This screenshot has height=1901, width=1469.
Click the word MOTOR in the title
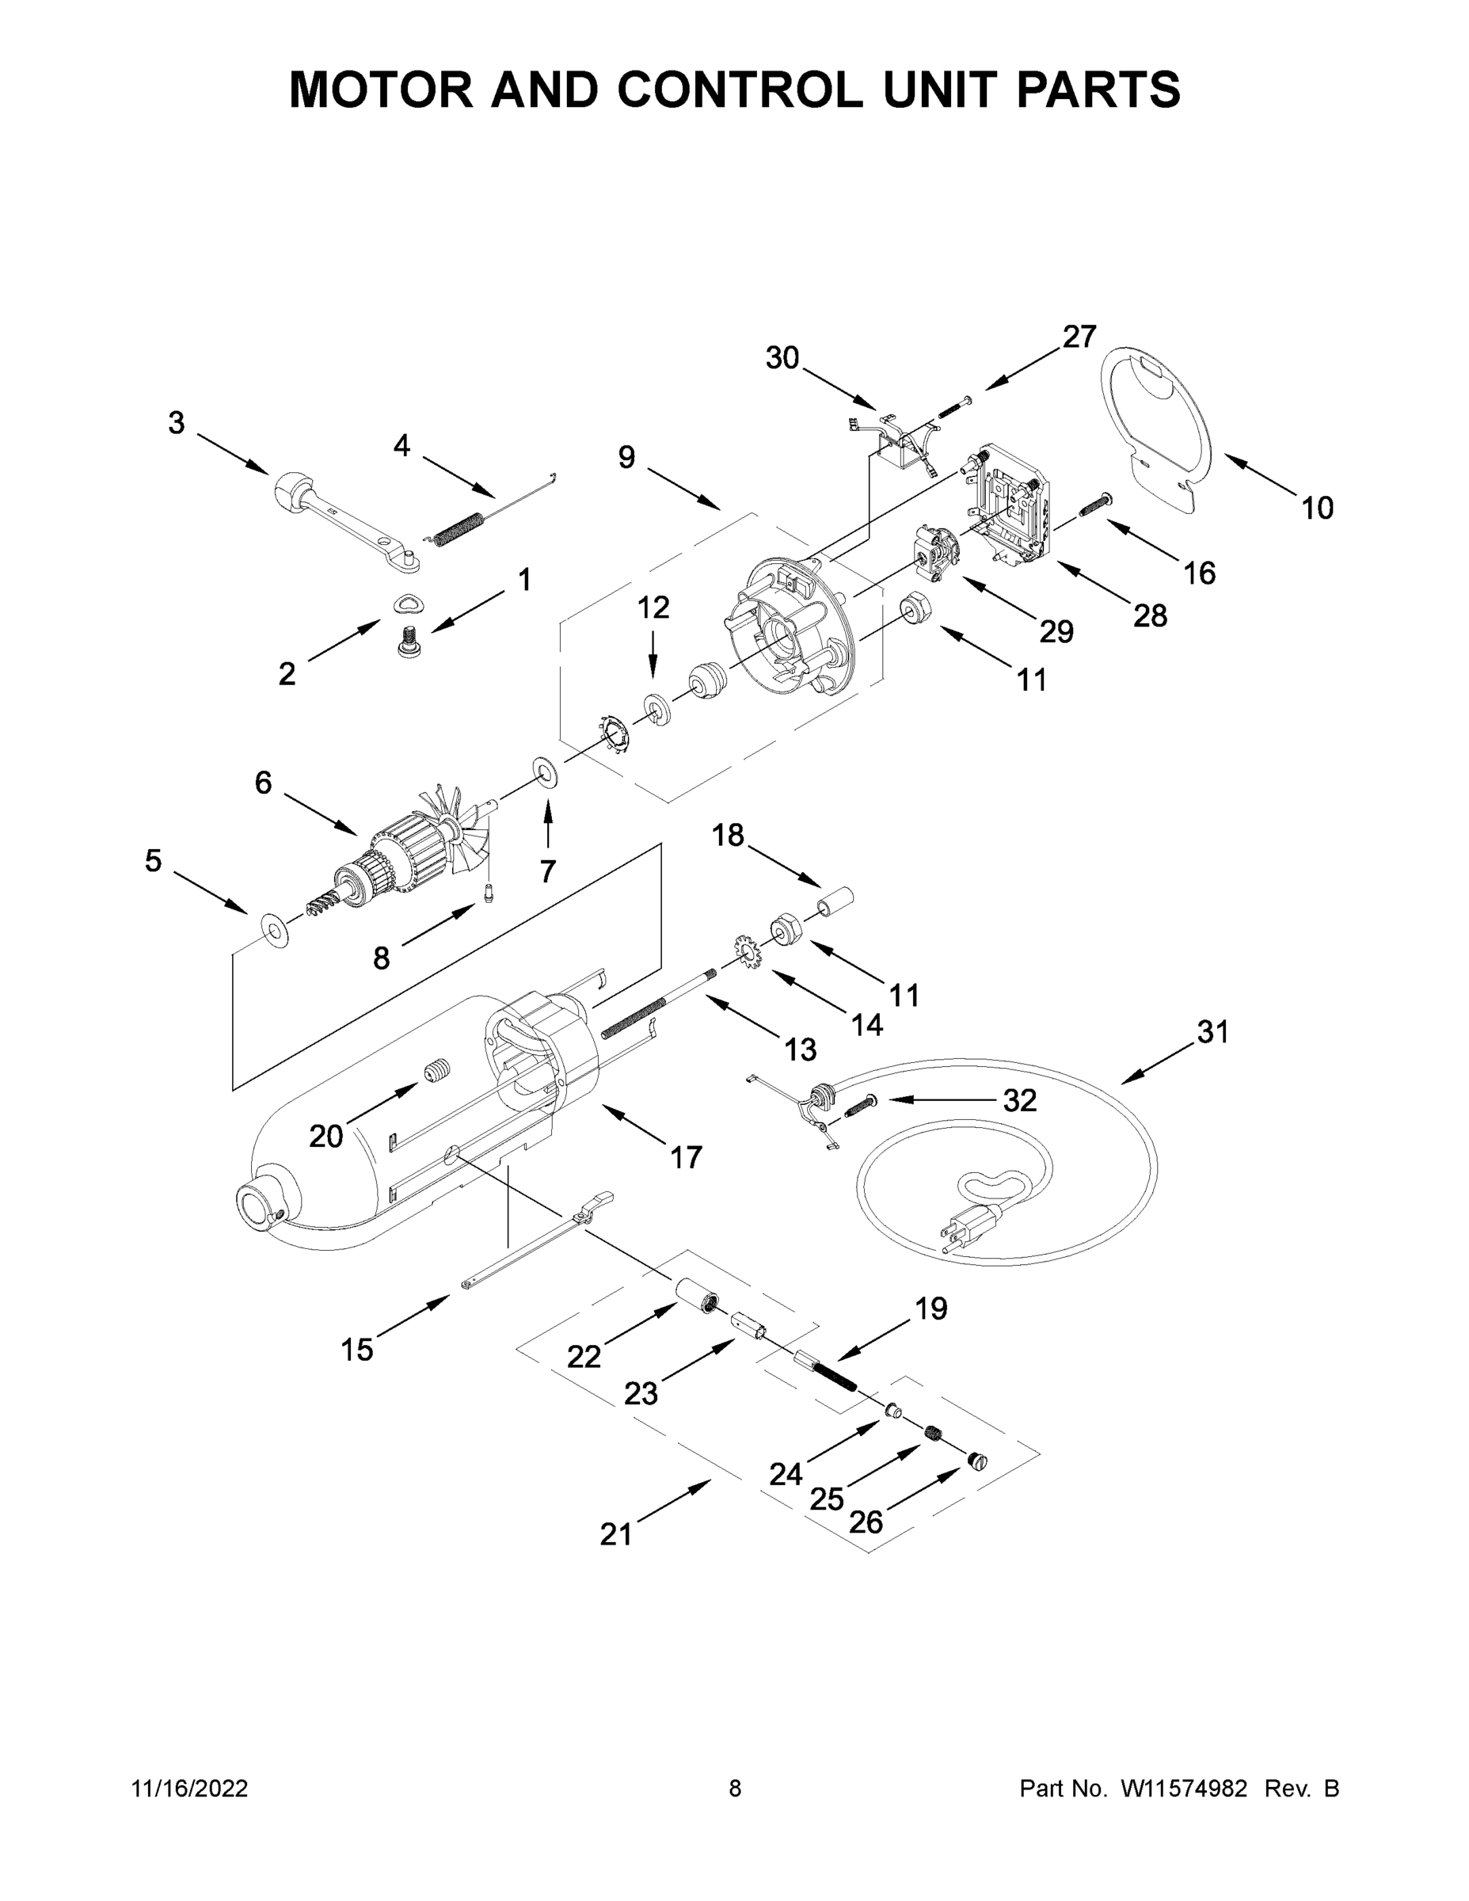coord(381,90)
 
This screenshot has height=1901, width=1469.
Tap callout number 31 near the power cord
coord(1212,1032)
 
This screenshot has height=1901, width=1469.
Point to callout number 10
coord(1317,508)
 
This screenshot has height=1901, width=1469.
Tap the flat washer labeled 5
coord(275,931)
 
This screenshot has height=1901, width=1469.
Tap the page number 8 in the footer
coord(735,1789)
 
